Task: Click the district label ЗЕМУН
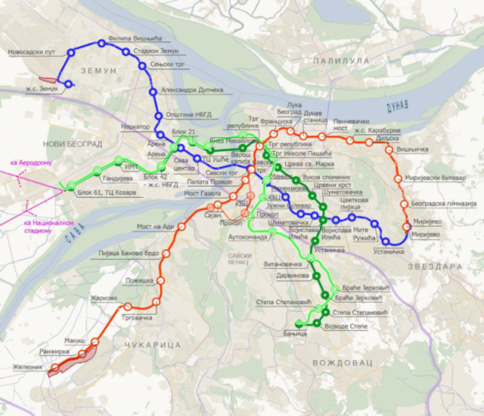(98, 71)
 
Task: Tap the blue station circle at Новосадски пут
(71, 53)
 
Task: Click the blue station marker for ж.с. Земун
(68, 84)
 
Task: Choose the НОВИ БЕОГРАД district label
(73, 144)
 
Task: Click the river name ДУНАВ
(397, 105)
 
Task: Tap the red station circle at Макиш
(95, 341)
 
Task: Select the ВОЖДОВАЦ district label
(342, 363)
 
